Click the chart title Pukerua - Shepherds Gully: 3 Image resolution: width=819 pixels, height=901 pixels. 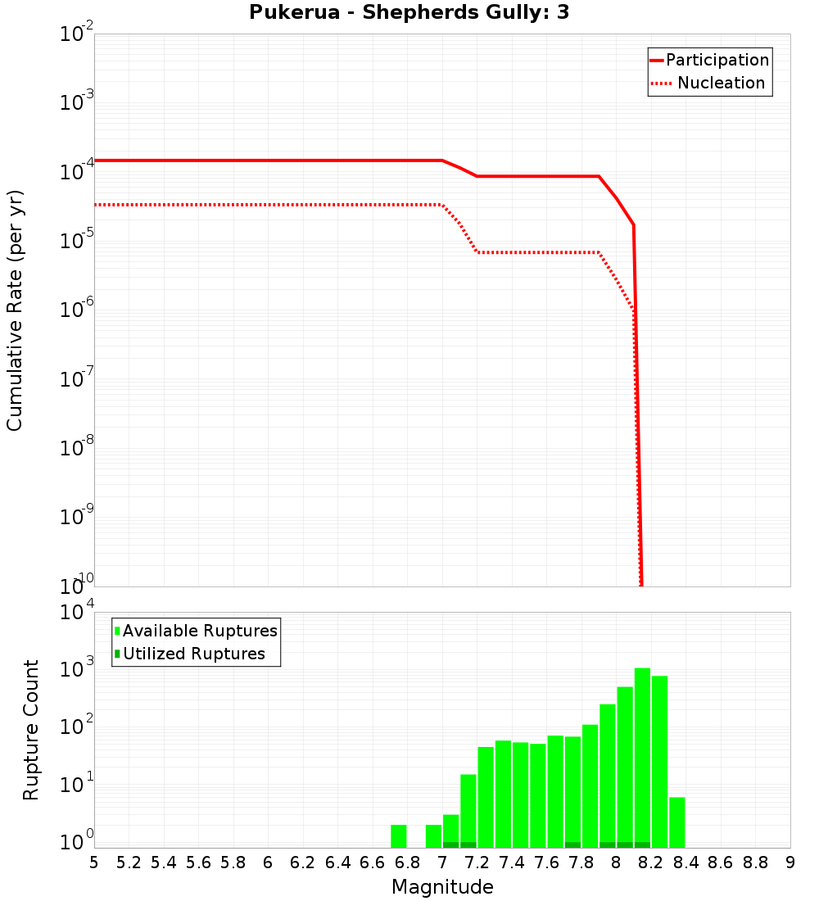(x=409, y=12)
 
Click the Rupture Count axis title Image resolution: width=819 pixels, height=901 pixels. (x=31, y=730)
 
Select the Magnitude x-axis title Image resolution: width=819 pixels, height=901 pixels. (x=442, y=887)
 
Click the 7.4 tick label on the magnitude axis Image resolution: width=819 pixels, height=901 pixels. (x=512, y=863)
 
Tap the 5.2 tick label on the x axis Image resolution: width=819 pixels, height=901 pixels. (x=129, y=863)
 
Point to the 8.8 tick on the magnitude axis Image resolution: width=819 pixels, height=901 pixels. (x=755, y=863)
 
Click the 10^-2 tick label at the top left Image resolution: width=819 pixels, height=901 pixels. (x=77, y=34)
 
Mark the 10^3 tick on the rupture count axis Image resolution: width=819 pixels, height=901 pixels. (x=77, y=668)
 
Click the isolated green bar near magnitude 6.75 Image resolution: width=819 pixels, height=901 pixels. (x=399, y=836)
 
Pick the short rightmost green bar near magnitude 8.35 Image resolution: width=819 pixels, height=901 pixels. (x=676, y=822)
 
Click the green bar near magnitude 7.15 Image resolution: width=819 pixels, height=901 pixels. (x=468, y=811)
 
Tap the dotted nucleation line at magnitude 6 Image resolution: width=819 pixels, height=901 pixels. (x=268, y=205)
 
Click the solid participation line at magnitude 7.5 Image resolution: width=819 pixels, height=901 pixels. (x=529, y=176)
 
